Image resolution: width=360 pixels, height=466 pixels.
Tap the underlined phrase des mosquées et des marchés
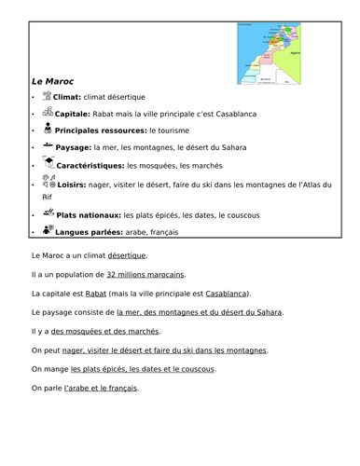pyautogui.click(x=104, y=331)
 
